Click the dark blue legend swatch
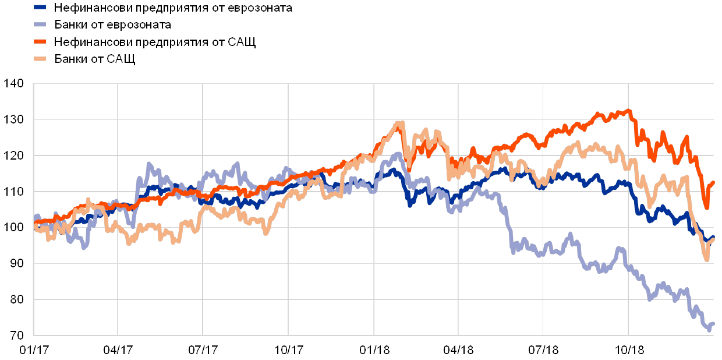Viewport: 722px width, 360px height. pyautogui.click(x=40, y=8)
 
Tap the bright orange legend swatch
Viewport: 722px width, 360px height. pyautogui.click(x=40, y=42)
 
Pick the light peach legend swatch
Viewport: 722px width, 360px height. pyautogui.click(x=40, y=59)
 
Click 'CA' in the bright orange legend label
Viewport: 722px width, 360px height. pyautogui.click(x=236, y=42)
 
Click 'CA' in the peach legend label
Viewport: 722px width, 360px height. pyautogui.click(x=115, y=59)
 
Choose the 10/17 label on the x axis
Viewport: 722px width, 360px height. pyautogui.click(x=288, y=350)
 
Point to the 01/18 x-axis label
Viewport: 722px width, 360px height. pyautogui.click(x=373, y=350)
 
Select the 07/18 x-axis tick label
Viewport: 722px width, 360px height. pyautogui.click(x=543, y=350)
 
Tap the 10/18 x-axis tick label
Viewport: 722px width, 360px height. pyautogui.click(x=628, y=350)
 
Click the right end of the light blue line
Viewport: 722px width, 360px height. pyautogui.click(x=713, y=323)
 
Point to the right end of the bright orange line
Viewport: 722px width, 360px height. pyautogui.click(x=713, y=182)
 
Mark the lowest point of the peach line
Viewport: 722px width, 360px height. pyautogui.click(x=707, y=260)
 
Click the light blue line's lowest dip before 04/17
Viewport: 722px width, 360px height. pyautogui.click(x=85, y=248)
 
